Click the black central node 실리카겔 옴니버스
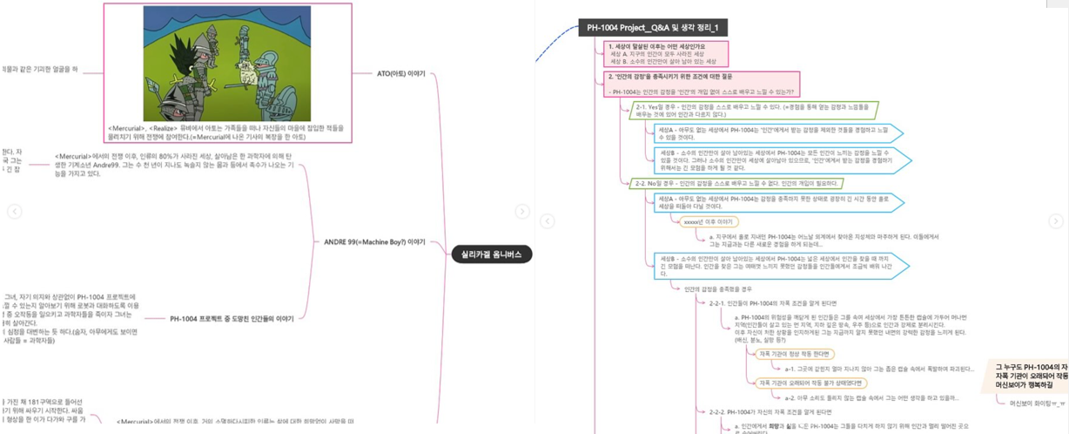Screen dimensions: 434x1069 [492, 254]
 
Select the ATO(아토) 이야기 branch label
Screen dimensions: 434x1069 [400, 74]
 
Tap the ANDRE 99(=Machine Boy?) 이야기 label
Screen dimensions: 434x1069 [374, 242]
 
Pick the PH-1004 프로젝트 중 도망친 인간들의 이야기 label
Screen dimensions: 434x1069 [232, 319]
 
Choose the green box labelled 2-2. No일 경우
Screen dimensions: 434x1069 [737, 184]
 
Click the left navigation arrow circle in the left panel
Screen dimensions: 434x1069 [15, 212]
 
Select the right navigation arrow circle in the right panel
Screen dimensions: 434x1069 [1055, 221]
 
